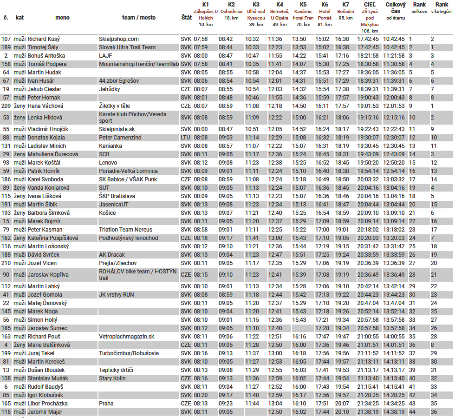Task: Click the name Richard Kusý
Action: (44, 39)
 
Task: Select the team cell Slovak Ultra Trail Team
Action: (127, 47)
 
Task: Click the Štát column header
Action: (185, 18)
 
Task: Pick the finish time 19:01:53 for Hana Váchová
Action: (368, 106)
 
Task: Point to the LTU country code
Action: (185, 138)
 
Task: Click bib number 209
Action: (6, 106)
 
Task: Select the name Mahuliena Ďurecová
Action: (53, 154)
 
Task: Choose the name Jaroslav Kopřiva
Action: (48, 274)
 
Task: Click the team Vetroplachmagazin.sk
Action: (127, 337)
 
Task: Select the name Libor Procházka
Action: (47, 404)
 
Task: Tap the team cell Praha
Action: (106, 404)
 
